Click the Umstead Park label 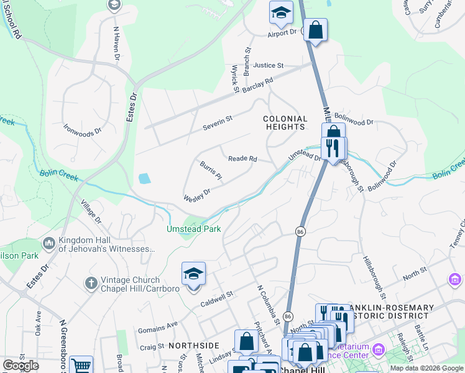click(x=193, y=229)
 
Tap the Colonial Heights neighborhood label click(x=285, y=122)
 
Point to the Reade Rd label click(x=242, y=159)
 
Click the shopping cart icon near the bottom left click(x=81, y=366)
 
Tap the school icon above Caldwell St click(x=193, y=274)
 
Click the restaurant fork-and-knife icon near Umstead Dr click(x=333, y=148)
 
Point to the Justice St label click(x=268, y=65)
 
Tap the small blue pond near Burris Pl click(x=144, y=179)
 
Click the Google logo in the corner click(x=21, y=366)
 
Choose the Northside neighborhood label click(x=193, y=345)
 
